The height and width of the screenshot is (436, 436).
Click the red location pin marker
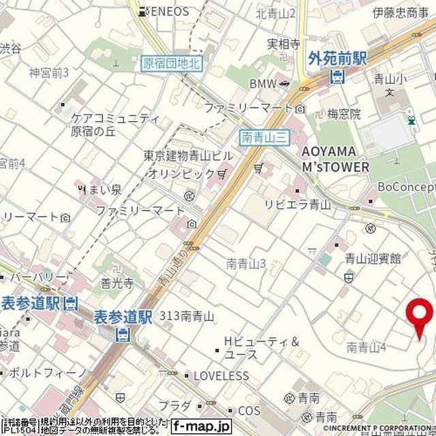pos(419,316)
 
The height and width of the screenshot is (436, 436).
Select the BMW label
pos(262,84)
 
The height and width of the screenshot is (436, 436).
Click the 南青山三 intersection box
pos(265,138)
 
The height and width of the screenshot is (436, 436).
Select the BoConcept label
pos(407,187)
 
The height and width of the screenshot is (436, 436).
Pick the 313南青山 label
pos(187,316)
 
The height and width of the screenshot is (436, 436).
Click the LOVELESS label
pos(221,375)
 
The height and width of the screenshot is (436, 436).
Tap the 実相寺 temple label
pos(283,44)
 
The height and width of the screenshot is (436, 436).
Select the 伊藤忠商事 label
pos(400,12)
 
